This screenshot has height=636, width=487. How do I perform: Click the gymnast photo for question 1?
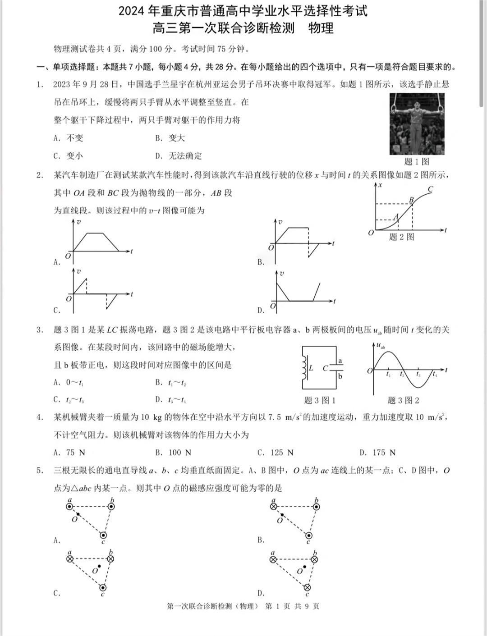coord(417,124)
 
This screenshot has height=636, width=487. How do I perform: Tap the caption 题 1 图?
coord(416,161)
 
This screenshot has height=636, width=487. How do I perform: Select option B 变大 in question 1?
coord(170,138)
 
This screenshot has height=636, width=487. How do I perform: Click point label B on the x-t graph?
coord(411,200)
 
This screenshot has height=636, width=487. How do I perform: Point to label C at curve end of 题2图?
coord(431,189)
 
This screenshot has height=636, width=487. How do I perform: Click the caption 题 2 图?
coord(401,237)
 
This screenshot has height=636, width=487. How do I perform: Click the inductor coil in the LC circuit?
coord(304,368)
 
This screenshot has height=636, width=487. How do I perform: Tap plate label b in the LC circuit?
coord(340,376)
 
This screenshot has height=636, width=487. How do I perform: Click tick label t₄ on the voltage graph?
coord(434,375)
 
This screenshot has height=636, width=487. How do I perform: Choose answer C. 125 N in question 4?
coord(276,453)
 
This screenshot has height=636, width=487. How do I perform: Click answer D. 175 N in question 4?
coord(378,453)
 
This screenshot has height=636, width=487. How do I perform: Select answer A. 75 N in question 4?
coord(69,453)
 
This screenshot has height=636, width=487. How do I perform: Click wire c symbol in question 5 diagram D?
coord(307,587)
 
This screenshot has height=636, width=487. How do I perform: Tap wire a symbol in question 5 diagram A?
coord(69,506)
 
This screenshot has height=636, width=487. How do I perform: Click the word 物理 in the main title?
coord(321,28)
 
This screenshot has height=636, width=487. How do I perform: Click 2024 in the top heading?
coord(131,11)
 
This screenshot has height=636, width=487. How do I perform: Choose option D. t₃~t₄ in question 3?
coord(171,399)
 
